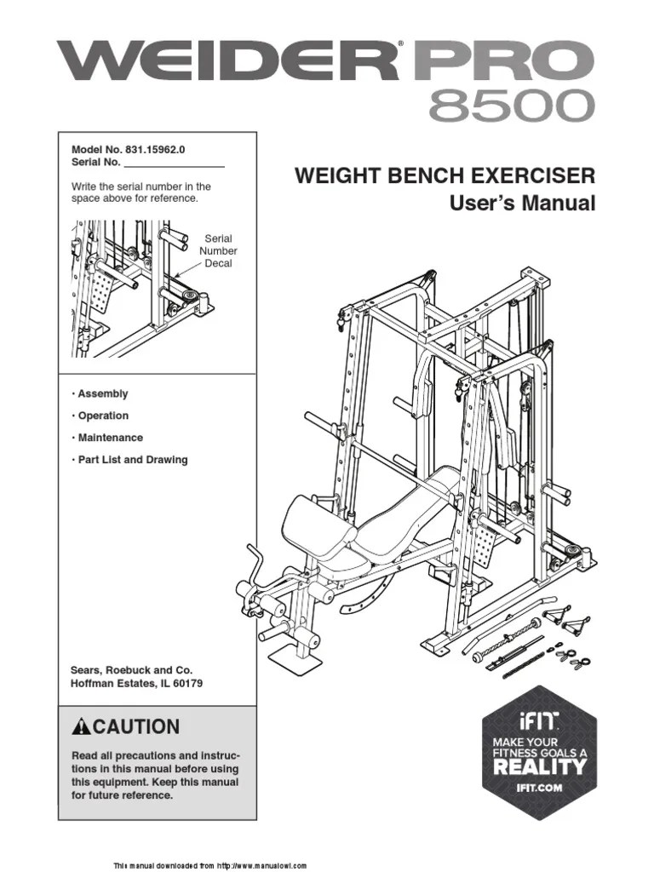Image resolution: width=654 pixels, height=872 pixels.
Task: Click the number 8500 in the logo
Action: click(509, 106)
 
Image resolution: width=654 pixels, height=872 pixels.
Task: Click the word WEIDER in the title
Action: click(227, 60)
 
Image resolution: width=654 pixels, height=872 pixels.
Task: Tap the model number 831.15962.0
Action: click(155, 148)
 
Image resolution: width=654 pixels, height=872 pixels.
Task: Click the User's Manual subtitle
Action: click(522, 204)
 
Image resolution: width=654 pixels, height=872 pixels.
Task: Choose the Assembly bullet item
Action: click(100, 394)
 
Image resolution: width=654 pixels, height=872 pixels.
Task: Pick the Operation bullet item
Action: click(100, 416)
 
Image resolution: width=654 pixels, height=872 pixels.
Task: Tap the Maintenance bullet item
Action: click(107, 438)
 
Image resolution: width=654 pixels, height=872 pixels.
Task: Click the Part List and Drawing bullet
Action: click(129, 460)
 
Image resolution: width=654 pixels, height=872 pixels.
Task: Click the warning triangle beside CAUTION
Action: click(81, 727)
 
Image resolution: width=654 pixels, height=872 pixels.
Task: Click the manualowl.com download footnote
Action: click(209, 865)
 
